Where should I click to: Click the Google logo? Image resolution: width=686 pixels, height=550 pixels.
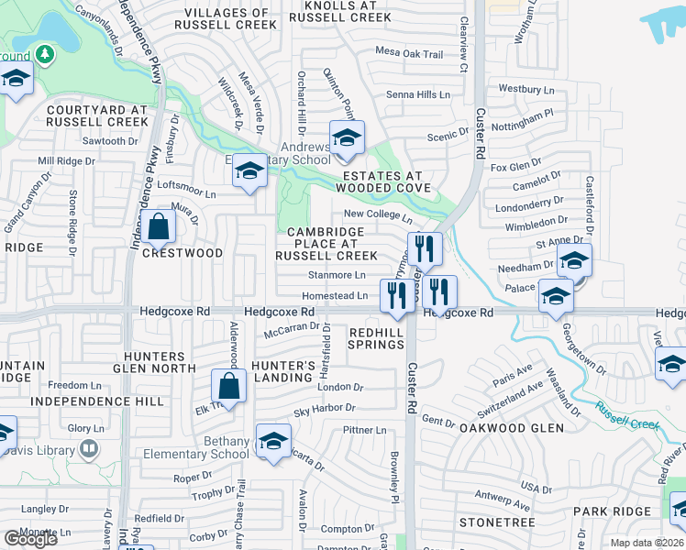[30, 538]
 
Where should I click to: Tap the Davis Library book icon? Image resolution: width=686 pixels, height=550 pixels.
[89, 448]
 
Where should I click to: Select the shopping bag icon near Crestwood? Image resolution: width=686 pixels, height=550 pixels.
[159, 226]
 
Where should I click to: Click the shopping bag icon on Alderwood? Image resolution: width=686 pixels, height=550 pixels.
[228, 385]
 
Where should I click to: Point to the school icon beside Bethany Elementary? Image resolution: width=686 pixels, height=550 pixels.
[272, 441]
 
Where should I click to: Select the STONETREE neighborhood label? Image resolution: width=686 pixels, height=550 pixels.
[497, 522]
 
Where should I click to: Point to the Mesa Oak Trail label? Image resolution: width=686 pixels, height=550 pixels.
[409, 55]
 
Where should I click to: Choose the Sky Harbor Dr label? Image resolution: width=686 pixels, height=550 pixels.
[324, 410]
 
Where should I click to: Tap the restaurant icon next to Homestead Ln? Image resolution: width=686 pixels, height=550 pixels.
[397, 295]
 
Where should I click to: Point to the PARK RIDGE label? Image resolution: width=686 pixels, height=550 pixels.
[604, 510]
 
